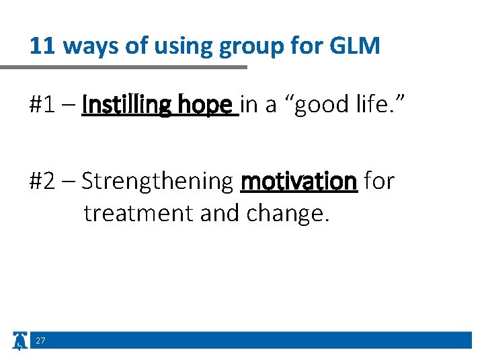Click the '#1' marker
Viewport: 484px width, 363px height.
pos(44,105)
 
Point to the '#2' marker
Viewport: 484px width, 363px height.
pos(44,181)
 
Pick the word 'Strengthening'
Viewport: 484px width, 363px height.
pos(157,182)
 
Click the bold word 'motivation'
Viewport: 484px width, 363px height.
pos(298,181)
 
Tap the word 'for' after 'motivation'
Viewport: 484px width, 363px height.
pos(379,180)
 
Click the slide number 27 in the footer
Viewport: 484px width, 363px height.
pos(40,341)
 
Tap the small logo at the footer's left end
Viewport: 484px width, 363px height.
pos(20,341)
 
